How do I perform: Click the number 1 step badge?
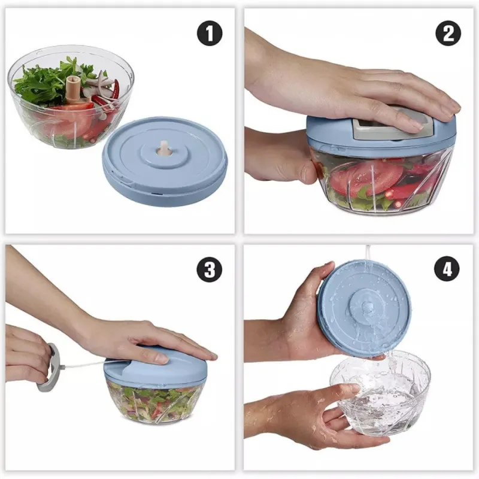pyautogui.click(x=209, y=34)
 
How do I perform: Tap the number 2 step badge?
pyautogui.click(x=447, y=34)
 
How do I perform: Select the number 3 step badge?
pyautogui.click(x=209, y=270)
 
